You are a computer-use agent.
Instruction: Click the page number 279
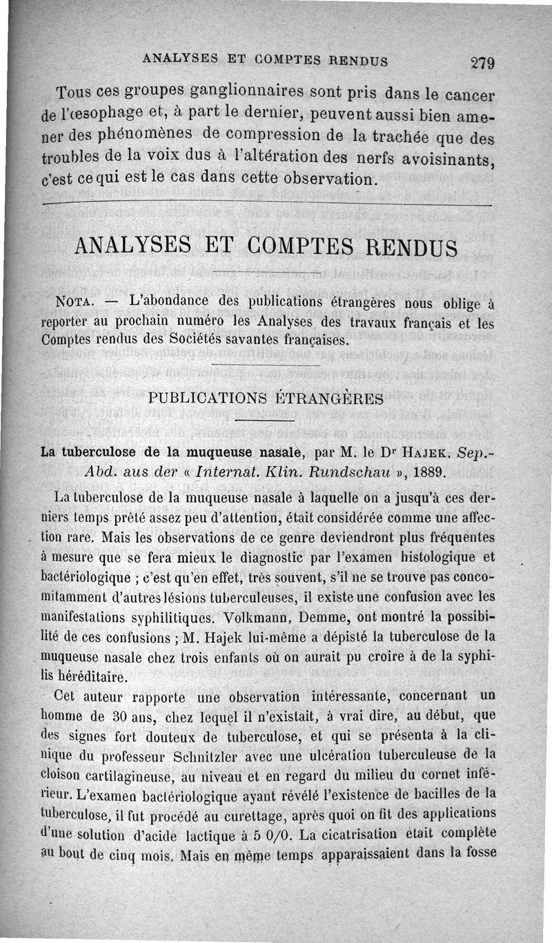[x=482, y=63]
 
